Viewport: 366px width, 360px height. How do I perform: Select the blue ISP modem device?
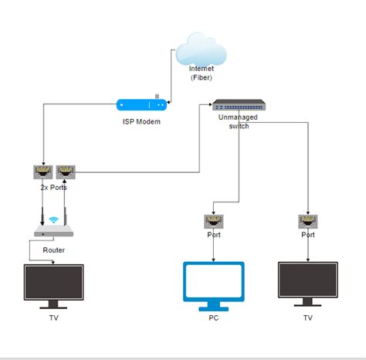click(x=141, y=104)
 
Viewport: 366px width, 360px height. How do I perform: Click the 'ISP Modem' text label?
click(x=141, y=121)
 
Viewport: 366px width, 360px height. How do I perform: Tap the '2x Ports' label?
click(x=53, y=187)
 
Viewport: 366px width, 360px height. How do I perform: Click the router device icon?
click(x=53, y=233)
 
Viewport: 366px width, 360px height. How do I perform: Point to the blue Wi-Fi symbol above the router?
click(x=53, y=220)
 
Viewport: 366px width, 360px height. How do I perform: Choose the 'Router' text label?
click(x=53, y=250)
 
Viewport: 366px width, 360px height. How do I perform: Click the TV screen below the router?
click(x=53, y=284)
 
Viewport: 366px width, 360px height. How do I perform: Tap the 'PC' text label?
click(x=214, y=318)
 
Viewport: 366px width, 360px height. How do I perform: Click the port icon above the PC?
click(x=214, y=222)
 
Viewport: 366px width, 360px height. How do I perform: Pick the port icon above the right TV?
click(x=308, y=222)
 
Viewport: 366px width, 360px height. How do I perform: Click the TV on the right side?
click(x=308, y=284)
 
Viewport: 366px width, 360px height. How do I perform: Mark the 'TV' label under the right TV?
click(x=308, y=318)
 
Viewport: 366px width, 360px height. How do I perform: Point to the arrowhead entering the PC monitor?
click(x=214, y=259)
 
